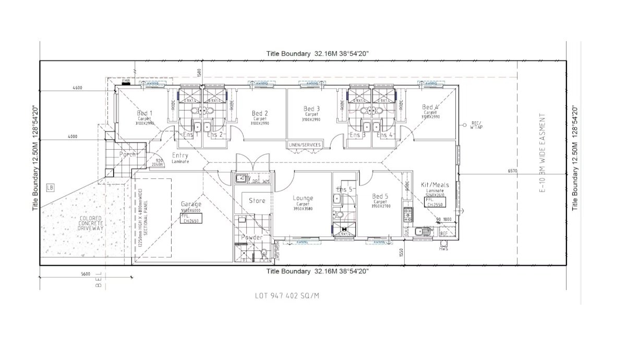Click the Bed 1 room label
pos(145,113)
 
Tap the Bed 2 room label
pos(260,113)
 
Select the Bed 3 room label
pos(311,109)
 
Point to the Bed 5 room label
pos(380,197)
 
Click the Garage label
pos(191,204)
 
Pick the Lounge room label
pos(303,198)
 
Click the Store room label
pos(257,200)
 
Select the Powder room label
pos(251,238)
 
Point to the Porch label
pos(128,154)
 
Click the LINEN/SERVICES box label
pos(305,145)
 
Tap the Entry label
pos(180,155)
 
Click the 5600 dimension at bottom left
pos(86,274)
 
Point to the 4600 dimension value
pos(77,88)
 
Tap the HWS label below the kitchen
pos(444,248)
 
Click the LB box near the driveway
pos(50,187)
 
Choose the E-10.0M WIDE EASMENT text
pos(543,154)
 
